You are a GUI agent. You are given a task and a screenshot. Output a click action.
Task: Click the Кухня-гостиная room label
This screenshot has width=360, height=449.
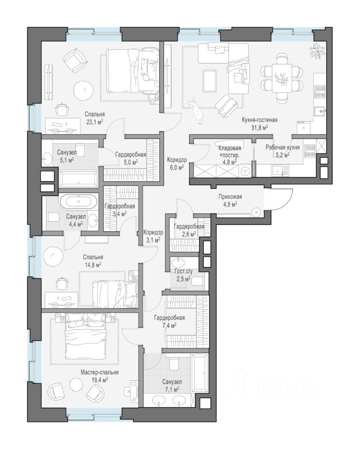coord(259,120)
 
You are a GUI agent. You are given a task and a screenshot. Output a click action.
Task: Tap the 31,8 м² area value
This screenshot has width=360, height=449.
coord(259,127)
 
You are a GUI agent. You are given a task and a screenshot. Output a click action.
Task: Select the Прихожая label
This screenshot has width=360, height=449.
coord(230,197)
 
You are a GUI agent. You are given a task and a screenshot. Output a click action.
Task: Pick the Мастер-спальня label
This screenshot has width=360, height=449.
coord(99,373)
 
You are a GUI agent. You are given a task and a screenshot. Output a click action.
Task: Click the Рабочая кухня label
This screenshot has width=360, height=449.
coord(283,147)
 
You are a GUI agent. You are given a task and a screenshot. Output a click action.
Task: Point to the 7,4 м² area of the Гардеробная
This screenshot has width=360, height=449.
coord(169,325)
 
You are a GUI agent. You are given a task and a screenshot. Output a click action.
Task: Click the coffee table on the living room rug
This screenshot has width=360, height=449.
coord(210,81)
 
